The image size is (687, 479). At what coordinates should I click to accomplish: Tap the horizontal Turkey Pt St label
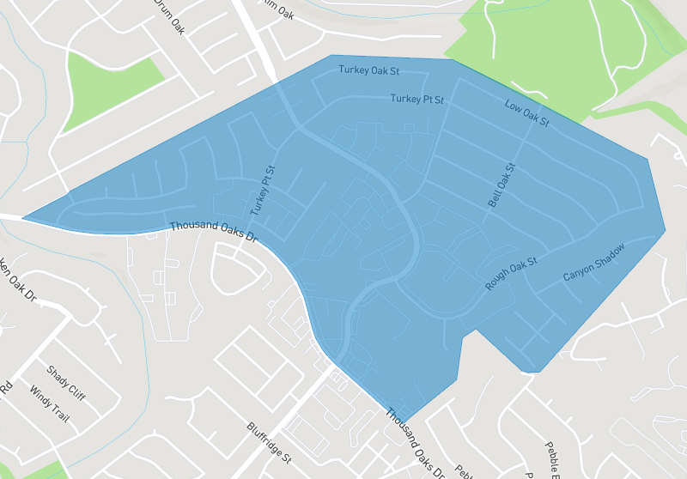[x=417, y=100]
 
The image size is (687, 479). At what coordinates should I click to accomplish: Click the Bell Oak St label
[x=500, y=185]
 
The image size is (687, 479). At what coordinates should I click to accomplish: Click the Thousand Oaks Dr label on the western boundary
[x=214, y=231]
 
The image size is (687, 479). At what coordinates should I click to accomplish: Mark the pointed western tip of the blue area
[x=23, y=218]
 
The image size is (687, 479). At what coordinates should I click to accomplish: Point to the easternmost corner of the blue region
[x=666, y=230]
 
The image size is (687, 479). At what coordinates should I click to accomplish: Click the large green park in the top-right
[x=550, y=52]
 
